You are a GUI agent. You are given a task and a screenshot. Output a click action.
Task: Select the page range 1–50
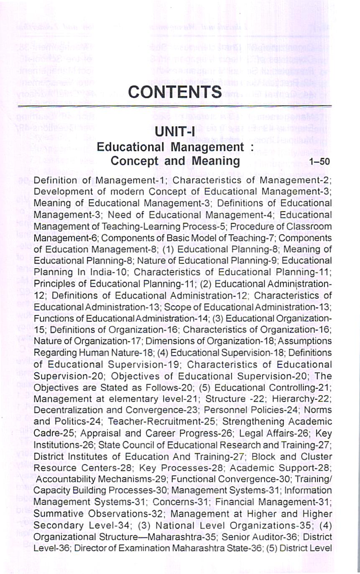point(320,162)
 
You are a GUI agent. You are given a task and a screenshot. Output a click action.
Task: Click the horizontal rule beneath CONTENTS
point(174,107)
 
